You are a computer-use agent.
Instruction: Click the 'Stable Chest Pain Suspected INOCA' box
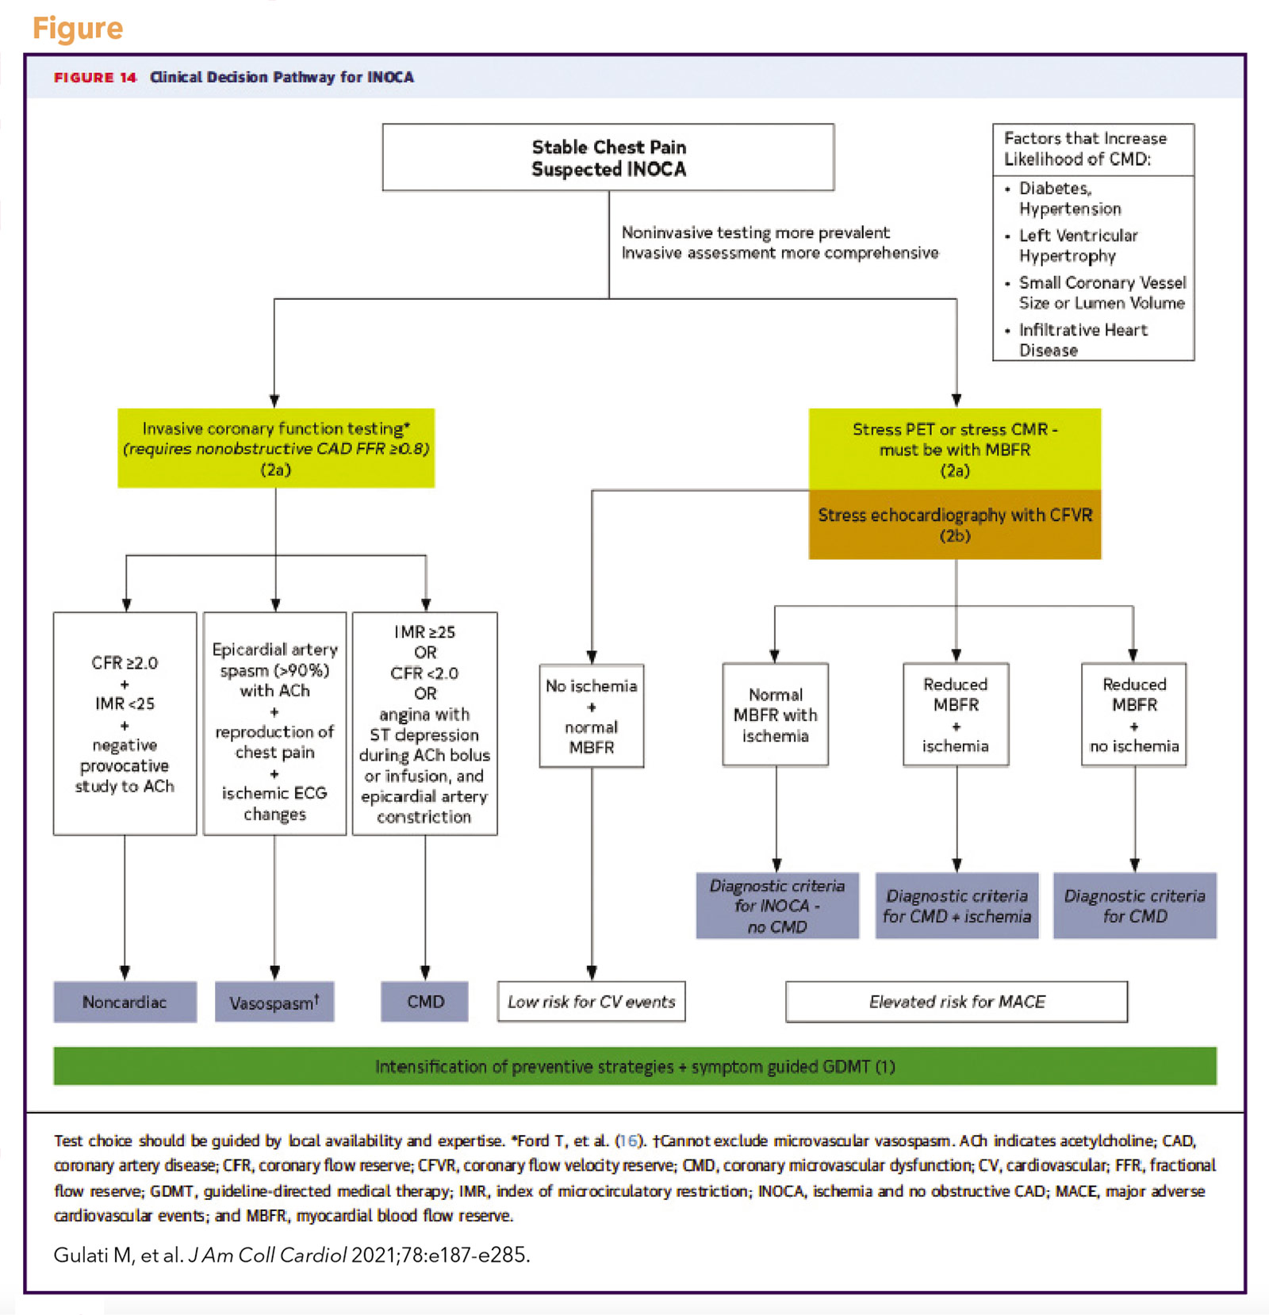click(x=608, y=158)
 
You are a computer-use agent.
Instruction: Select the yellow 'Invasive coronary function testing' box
click(x=276, y=448)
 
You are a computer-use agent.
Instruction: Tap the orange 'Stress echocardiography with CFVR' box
click(x=955, y=524)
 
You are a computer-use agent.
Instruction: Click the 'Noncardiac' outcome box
click(x=125, y=1002)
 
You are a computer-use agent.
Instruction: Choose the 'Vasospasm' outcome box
click(x=274, y=1003)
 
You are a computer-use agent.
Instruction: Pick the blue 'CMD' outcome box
click(x=424, y=1002)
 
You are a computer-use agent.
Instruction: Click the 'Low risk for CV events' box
click(x=591, y=1002)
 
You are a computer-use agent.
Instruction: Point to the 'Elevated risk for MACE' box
click(x=956, y=1002)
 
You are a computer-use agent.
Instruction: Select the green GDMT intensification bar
click(x=634, y=1066)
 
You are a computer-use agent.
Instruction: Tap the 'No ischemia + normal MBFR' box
click(x=591, y=716)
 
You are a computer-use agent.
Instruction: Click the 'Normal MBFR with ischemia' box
click(x=775, y=715)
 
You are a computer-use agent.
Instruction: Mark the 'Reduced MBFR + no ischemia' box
click(x=1133, y=715)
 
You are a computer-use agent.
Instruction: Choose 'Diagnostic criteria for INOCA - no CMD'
click(x=776, y=906)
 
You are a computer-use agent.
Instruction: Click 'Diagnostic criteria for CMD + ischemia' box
click(x=957, y=906)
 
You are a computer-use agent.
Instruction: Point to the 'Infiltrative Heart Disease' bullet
click(x=1082, y=339)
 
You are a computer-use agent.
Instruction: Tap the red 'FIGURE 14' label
click(x=95, y=77)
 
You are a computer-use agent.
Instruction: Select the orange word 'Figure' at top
click(x=78, y=28)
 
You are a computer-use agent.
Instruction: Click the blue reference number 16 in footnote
click(x=627, y=1141)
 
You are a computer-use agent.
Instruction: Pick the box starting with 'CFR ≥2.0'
click(x=125, y=723)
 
